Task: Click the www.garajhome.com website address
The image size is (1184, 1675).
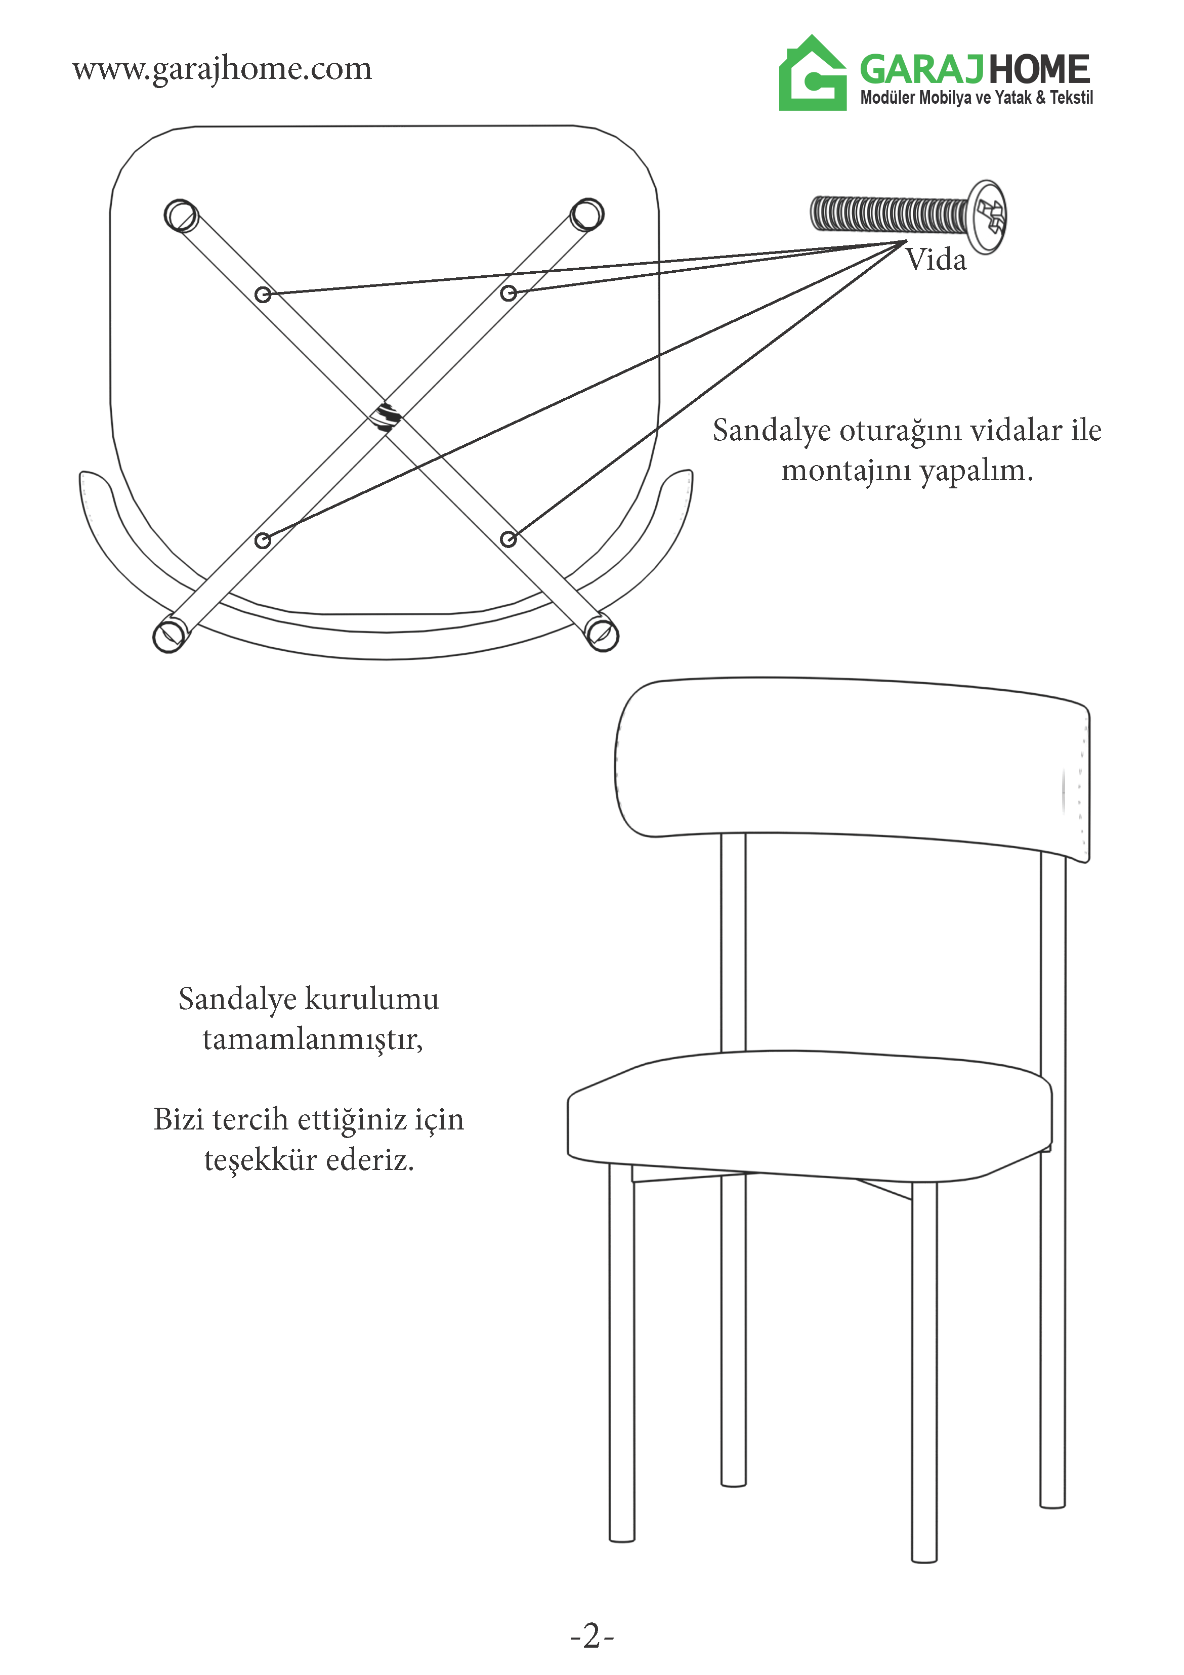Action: [x=222, y=70]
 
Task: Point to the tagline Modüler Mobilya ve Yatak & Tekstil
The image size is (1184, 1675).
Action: [x=976, y=98]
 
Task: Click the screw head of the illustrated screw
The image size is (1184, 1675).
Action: [x=989, y=217]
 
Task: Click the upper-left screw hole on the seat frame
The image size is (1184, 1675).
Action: [x=263, y=295]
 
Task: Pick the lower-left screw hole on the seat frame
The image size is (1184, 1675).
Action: [x=263, y=540]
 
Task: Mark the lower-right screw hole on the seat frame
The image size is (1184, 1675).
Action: [x=509, y=539]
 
